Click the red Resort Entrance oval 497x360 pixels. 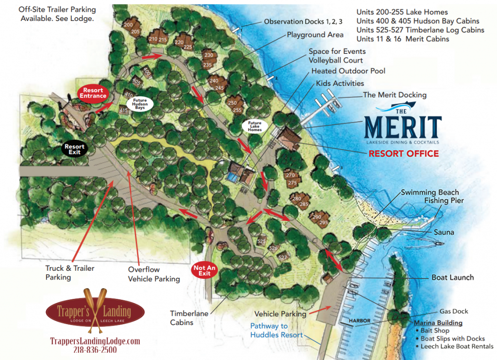pyautogui.click(x=93, y=93)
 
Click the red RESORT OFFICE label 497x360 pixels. pyautogui.click(x=403, y=154)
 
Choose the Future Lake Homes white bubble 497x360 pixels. pyautogui.click(x=255, y=127)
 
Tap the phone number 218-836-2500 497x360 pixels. pyautogui.click(x=95, y=350)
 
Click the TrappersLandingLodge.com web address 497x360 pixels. pyautogui.click(x=95, y=341)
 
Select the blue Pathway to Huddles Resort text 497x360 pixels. pyautogui.click(x=276, y=330)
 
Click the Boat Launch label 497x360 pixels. pyautogui.click(x=452, y=278)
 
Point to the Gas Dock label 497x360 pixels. pyautogui.click(x=454, y=311)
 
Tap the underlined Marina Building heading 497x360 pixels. pyautogui.click(x=438, y=323)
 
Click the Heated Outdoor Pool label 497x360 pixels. pyautogui.click(x=348, y=71)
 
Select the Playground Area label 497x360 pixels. pyautogui.click(x=315, y=35)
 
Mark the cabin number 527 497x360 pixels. pyautogui.click(x=283, y=257)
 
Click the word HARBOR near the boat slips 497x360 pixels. pyautogui.click(x=359, y=321)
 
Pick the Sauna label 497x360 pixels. pyautogui.click(x=444, y=232)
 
